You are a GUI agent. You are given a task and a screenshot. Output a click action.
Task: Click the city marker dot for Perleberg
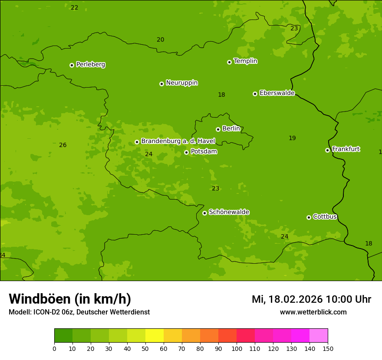pyautogui.click(x=72, y=65)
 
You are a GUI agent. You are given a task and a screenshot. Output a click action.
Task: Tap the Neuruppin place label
pyautogui.click(x=181, y=83)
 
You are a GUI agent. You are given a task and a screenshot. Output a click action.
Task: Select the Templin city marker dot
pyautogui.click(x=229, y=62)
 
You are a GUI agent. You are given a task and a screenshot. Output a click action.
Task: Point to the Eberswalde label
pyautogui.click(x=277, y=93)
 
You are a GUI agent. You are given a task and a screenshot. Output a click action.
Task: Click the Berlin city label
pyautogui.click(x=231, y=128)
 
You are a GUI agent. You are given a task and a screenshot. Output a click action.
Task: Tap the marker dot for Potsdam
pyautogui.click(x=186, y=152)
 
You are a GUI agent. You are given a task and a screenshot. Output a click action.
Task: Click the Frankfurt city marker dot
pyautogui.click(x=327, y=150)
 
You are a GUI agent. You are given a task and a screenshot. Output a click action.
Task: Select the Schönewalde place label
pyautogui.click(x=229, y=212)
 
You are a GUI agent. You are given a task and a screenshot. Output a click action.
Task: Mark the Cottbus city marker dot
pyautogui.click(x=309, y=217)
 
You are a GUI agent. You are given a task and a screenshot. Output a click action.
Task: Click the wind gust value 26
pyautogui.click(x=63, y=145)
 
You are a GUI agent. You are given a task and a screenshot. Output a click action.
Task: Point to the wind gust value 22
pyautogui.click(x=75, y=7)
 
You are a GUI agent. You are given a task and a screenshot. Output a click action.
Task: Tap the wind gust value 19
pyautogui.click(x=292, y=138)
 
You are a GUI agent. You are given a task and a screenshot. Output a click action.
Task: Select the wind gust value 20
pyautogui.click(x=161, y=39)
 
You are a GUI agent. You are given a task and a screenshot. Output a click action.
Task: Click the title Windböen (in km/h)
pyautogui.click(x=70, y=299)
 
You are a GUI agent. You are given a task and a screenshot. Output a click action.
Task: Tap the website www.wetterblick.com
pyautogui.click(x=313, y=312)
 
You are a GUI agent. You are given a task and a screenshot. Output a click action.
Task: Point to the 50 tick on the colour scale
pyautogui.click(x=145, y=348)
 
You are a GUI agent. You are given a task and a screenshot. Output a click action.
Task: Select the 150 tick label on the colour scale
pyautogui.click(x=328, y=348)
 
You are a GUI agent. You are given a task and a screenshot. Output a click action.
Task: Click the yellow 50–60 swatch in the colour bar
pyautogui.click(x=155, y=336)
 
